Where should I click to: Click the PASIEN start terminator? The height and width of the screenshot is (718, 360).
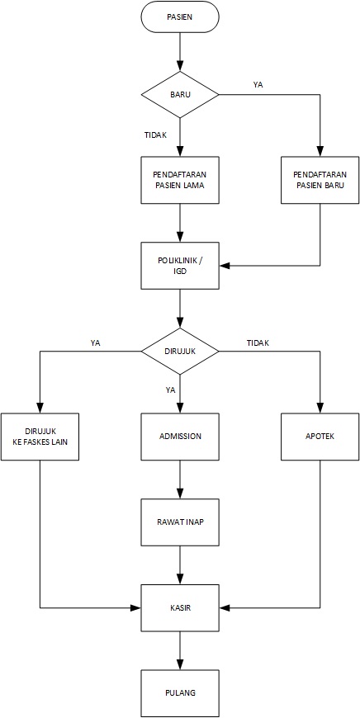click(x=179, y=17)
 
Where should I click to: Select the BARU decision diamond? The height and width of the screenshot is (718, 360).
click(x=179, y=95)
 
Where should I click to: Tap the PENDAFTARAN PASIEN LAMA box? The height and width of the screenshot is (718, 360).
click(x=179, y=181)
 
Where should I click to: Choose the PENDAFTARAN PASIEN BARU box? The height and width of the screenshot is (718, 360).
click(x=320, y=181)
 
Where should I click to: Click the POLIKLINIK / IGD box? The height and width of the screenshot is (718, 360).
click(x=179, y=266)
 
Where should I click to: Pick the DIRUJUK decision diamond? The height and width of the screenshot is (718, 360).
click(x=179, y=352)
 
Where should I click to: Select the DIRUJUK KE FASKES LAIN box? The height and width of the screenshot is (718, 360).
click(x=40, y=437)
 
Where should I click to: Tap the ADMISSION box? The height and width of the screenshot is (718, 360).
click(x=179, y=437)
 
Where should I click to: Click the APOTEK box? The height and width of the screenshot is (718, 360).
click(x=320, y=437)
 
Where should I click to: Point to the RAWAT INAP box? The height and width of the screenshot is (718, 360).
click(x=179, y=522)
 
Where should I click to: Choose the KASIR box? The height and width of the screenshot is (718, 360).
click(x=179, y=608)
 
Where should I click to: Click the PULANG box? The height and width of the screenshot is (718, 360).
click(x=179, y=693)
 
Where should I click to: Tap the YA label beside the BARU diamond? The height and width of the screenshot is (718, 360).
click(x=258, y=85)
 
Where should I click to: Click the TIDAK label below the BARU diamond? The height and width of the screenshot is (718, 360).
click(x=154, y=135)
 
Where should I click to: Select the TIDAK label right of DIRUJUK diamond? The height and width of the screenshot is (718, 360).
click(x=258, y=342)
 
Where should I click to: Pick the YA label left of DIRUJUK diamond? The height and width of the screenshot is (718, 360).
click(x=96, y=342)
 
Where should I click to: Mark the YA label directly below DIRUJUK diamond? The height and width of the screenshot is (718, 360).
click(x=169, y=390)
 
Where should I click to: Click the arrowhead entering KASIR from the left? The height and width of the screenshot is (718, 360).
click(x=135, y=608)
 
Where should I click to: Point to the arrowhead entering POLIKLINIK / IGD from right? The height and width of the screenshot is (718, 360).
click(x=225, y=266)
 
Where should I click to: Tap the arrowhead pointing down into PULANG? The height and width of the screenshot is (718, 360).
click(x=179, y=665)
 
